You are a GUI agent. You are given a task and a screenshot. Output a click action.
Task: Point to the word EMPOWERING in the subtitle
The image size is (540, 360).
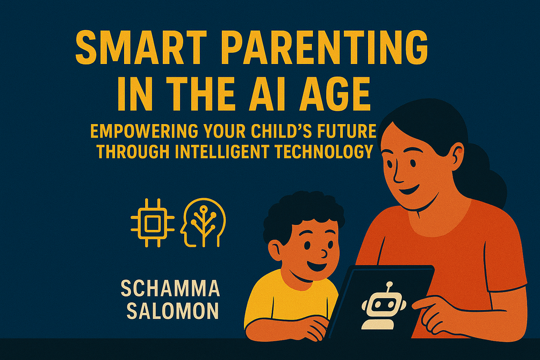pyautogui.click(x=144, y=131)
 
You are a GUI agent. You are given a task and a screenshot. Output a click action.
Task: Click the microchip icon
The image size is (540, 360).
pyautogui.click(x=153, y=223)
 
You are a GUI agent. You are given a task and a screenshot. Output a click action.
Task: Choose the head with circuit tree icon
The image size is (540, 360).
pyautogui.click(x=203, y=222)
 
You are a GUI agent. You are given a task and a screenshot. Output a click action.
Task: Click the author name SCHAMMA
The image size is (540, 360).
pyautogui.click(x=170, y=289)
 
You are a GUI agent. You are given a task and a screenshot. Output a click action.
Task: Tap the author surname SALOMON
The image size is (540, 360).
pyautogui.click(x=172, y=311)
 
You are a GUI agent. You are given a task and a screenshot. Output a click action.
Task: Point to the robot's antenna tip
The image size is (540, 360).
pyautogui.click(x=389, y=285)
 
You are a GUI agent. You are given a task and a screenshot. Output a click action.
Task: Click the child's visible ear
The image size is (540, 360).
pyautogui.click(x=275, y=250)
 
